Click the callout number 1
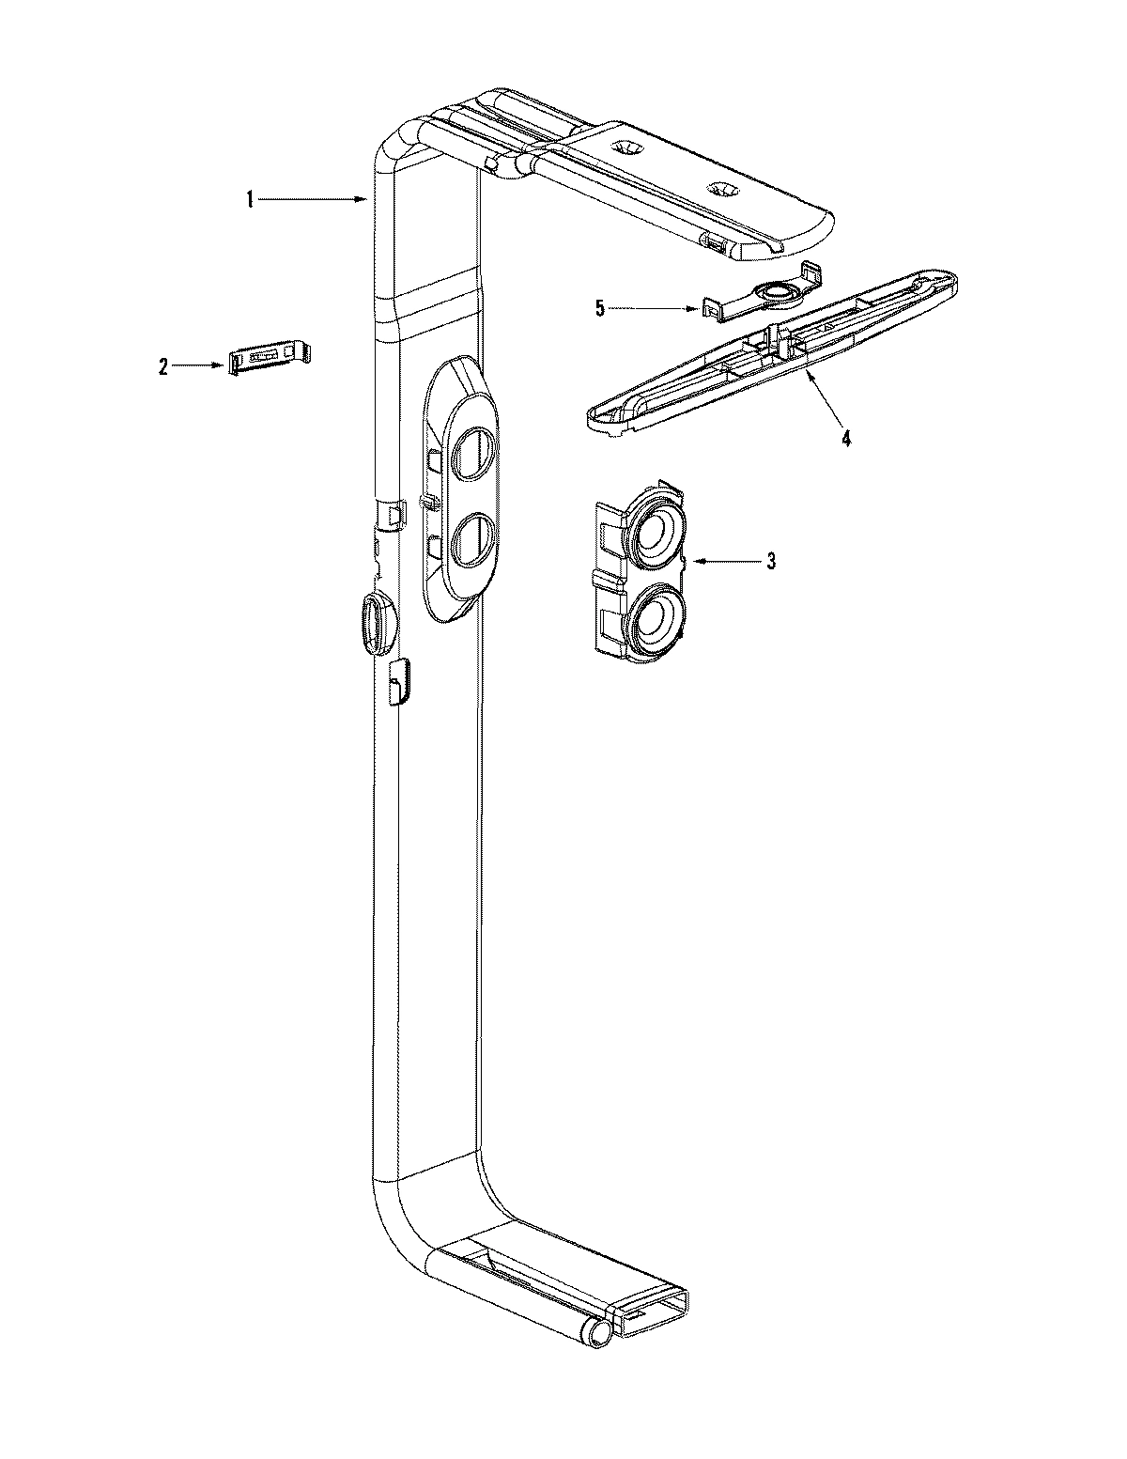click(250, 198)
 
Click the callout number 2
click(162, 367)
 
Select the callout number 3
click(771, 562)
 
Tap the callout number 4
click(845, 439)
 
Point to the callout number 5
click(600, 307)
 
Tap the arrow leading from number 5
click(657, 307)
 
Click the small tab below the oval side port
click(398, 678)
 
